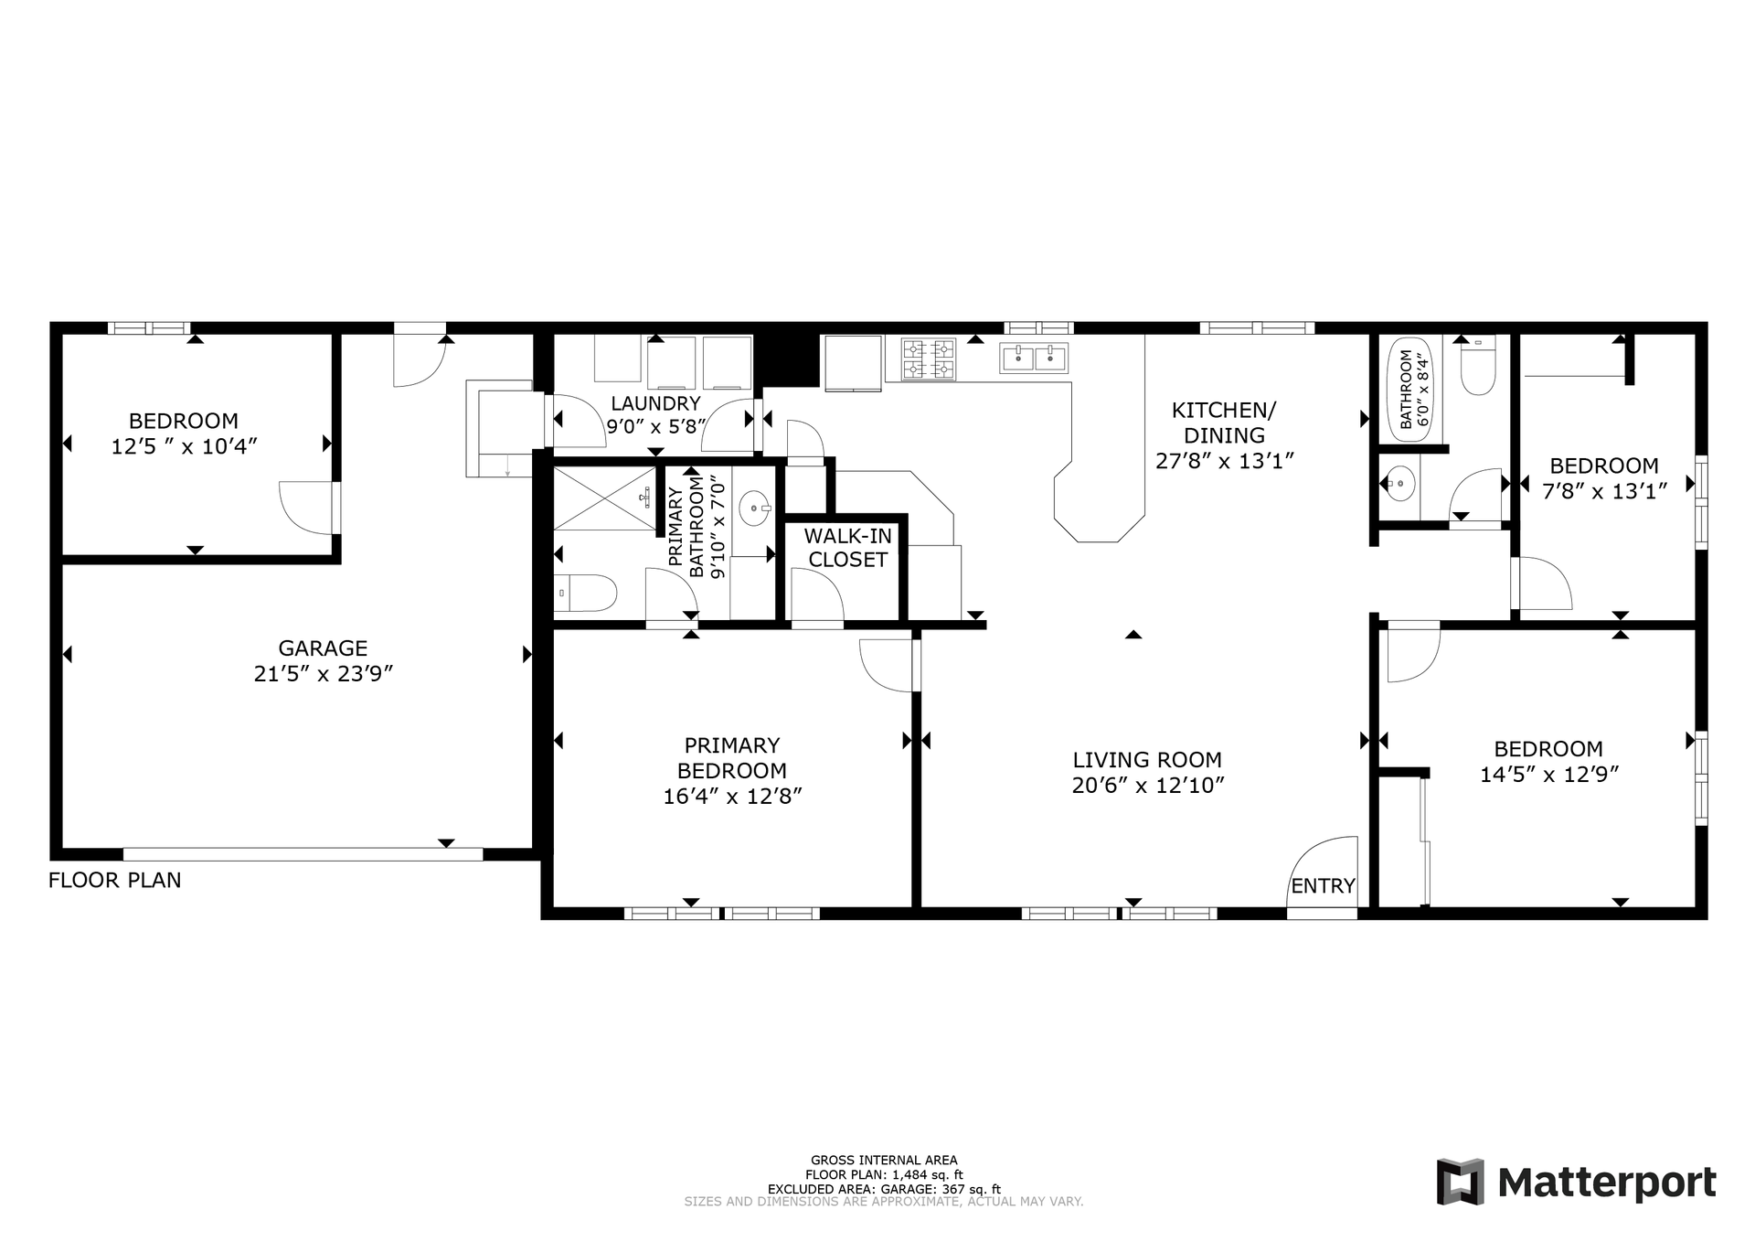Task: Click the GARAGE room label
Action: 323,648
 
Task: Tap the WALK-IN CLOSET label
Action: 848,548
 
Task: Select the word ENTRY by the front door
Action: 1323,885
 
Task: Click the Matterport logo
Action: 1576,1183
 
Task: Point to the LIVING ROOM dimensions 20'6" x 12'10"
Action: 1147,786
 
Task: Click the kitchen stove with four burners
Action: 929,359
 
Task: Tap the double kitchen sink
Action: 1034,358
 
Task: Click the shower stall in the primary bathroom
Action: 605,498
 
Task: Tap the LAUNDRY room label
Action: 655,403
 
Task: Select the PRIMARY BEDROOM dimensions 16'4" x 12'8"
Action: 732,797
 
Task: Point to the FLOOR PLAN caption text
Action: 114,880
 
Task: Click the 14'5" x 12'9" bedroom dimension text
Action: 1549,775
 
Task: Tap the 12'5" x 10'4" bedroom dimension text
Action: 184,447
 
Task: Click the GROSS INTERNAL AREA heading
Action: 884,1161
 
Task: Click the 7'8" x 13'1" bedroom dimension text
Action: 1605,491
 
